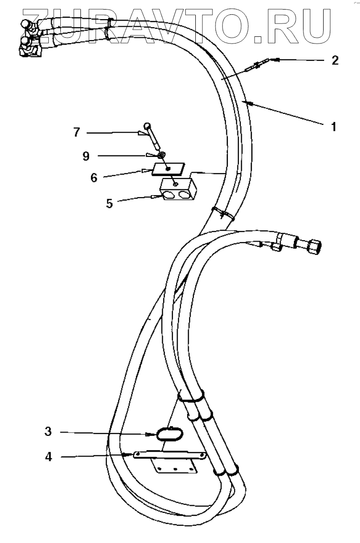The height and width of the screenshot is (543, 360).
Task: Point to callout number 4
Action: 48,457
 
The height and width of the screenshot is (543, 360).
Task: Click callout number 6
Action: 94,177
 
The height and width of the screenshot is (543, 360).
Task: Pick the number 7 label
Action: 77,133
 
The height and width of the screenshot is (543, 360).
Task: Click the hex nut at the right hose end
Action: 314,245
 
